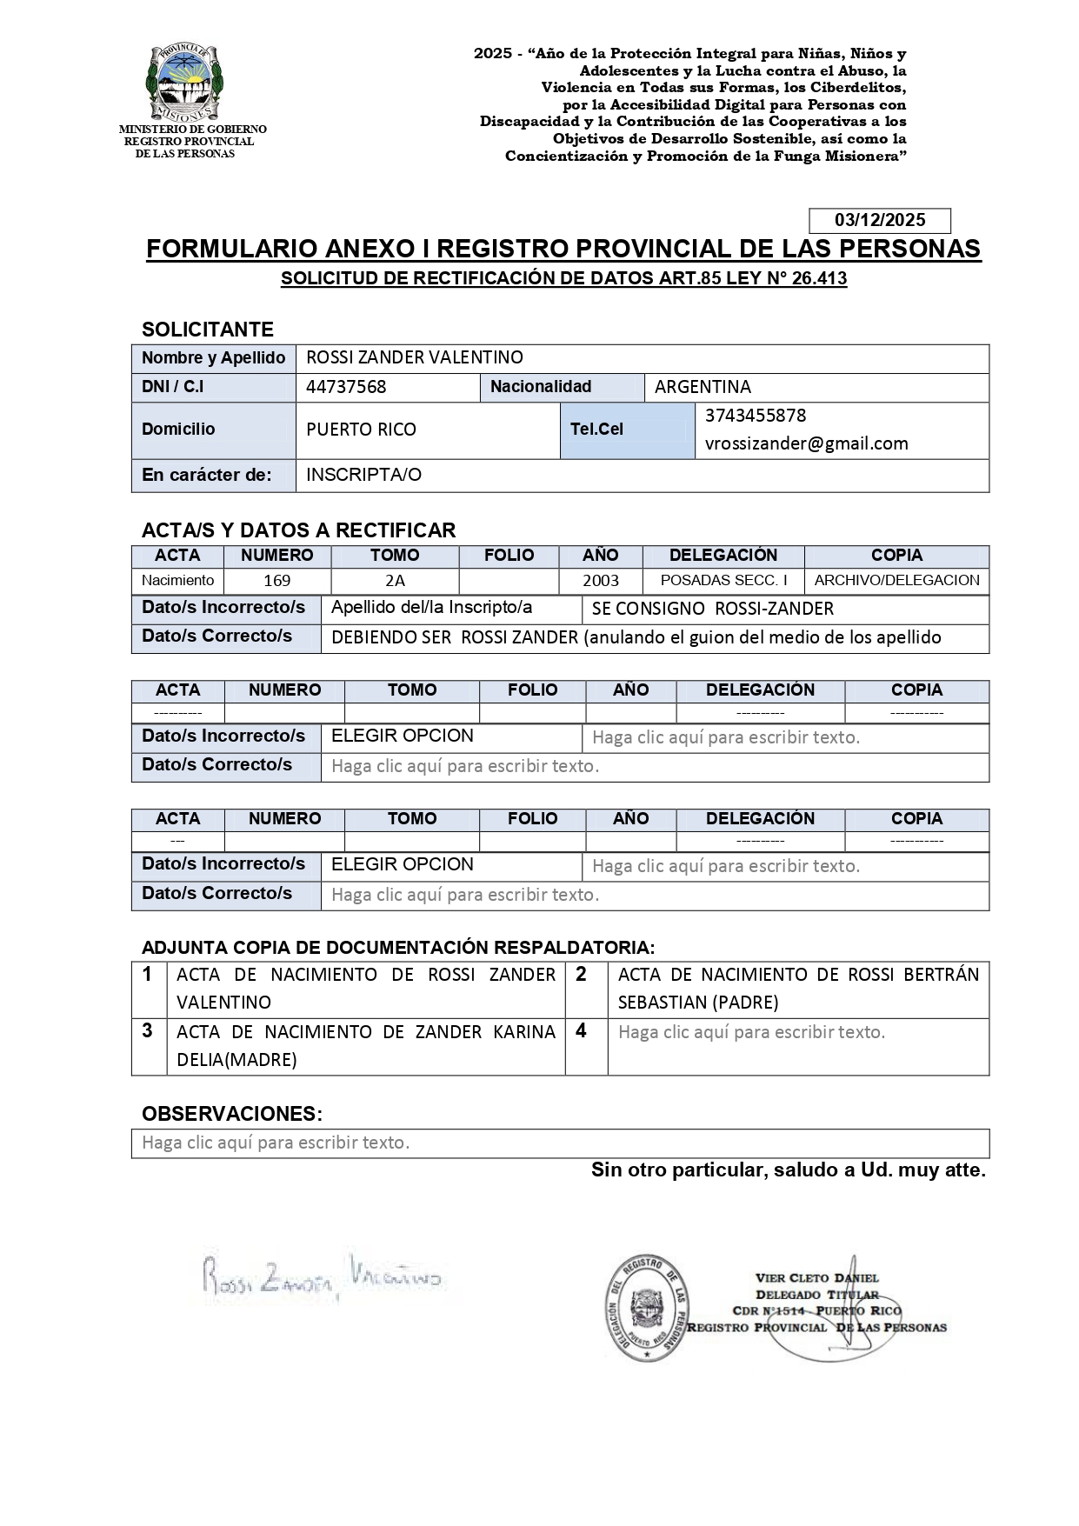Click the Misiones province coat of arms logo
(185, 83)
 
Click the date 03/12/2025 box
(879, 220)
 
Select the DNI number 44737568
(346, 387)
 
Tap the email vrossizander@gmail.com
(806, 443)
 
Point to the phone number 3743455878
(755, 416)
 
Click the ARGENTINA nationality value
(703, 387)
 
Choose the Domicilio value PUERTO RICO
(361, 430)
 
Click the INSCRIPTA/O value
(363, 475)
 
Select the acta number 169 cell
(276, 581)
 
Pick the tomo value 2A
(395, 581)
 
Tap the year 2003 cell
(600, 581)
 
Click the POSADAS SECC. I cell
(723, 580)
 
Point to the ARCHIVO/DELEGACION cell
(896, 580)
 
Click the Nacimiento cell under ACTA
(177, 580)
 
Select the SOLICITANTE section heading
(207, 330)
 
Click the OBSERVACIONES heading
(231, 1114)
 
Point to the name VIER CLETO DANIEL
(817, 1278)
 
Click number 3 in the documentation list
(148, 1031)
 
